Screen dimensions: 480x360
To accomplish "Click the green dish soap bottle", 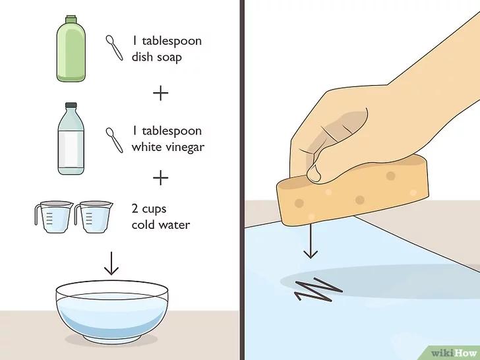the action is (x=71, y=49).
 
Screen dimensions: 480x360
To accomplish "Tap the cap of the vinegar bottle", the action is (x=71, y=105).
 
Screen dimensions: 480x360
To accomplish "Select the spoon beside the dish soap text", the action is (x=114, y=47).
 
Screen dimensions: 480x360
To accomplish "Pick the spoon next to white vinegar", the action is (x=114, y=140).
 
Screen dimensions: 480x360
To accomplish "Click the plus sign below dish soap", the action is (x=161, y=93).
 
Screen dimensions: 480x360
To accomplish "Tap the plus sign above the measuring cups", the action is (x=161, y=178).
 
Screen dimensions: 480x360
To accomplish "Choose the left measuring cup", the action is (x=54, y=216).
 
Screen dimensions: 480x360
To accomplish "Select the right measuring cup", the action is (x=94, y=216).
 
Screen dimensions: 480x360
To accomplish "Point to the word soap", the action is (x=169, y=57).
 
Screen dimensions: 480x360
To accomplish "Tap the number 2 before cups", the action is (x=135, y=208).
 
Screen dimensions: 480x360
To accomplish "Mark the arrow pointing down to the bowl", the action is (x=111, y=263).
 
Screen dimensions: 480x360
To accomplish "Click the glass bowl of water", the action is (x=112, y=311).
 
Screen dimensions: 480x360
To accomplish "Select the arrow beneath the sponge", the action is (x=311, y=241).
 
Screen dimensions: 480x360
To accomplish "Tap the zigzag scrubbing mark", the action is (x=318, y=289).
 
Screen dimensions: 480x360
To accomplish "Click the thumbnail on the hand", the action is (x=314, y=173).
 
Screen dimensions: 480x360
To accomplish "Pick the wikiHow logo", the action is (x=454, y=353).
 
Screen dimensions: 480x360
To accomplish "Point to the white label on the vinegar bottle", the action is (x=71, y=148).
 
